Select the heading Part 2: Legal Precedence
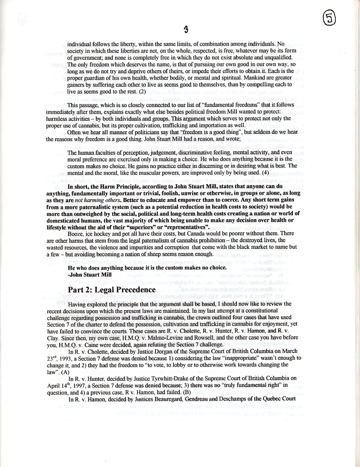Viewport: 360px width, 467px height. click(x=112, y=290)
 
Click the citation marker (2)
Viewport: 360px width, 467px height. click(x=142, y=91)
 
